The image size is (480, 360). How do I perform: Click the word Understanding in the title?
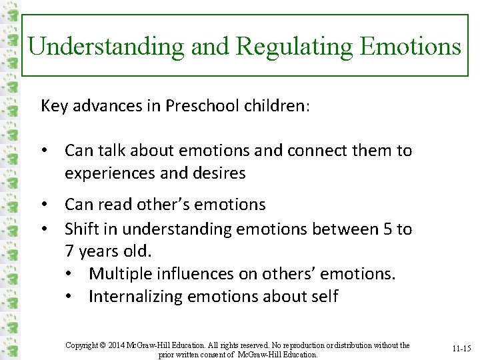tap(107, 46)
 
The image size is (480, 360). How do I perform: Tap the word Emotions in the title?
tap(410, 46)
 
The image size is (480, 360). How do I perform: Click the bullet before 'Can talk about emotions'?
tap(44, 151)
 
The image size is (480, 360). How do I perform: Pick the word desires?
tap(221, 173)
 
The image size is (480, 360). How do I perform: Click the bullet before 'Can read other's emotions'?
tap(44, 204)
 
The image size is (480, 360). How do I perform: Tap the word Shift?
tap(82, 229)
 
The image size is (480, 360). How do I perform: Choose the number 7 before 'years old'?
tap(69, 251)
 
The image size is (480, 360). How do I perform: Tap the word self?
tap(323, 297)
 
